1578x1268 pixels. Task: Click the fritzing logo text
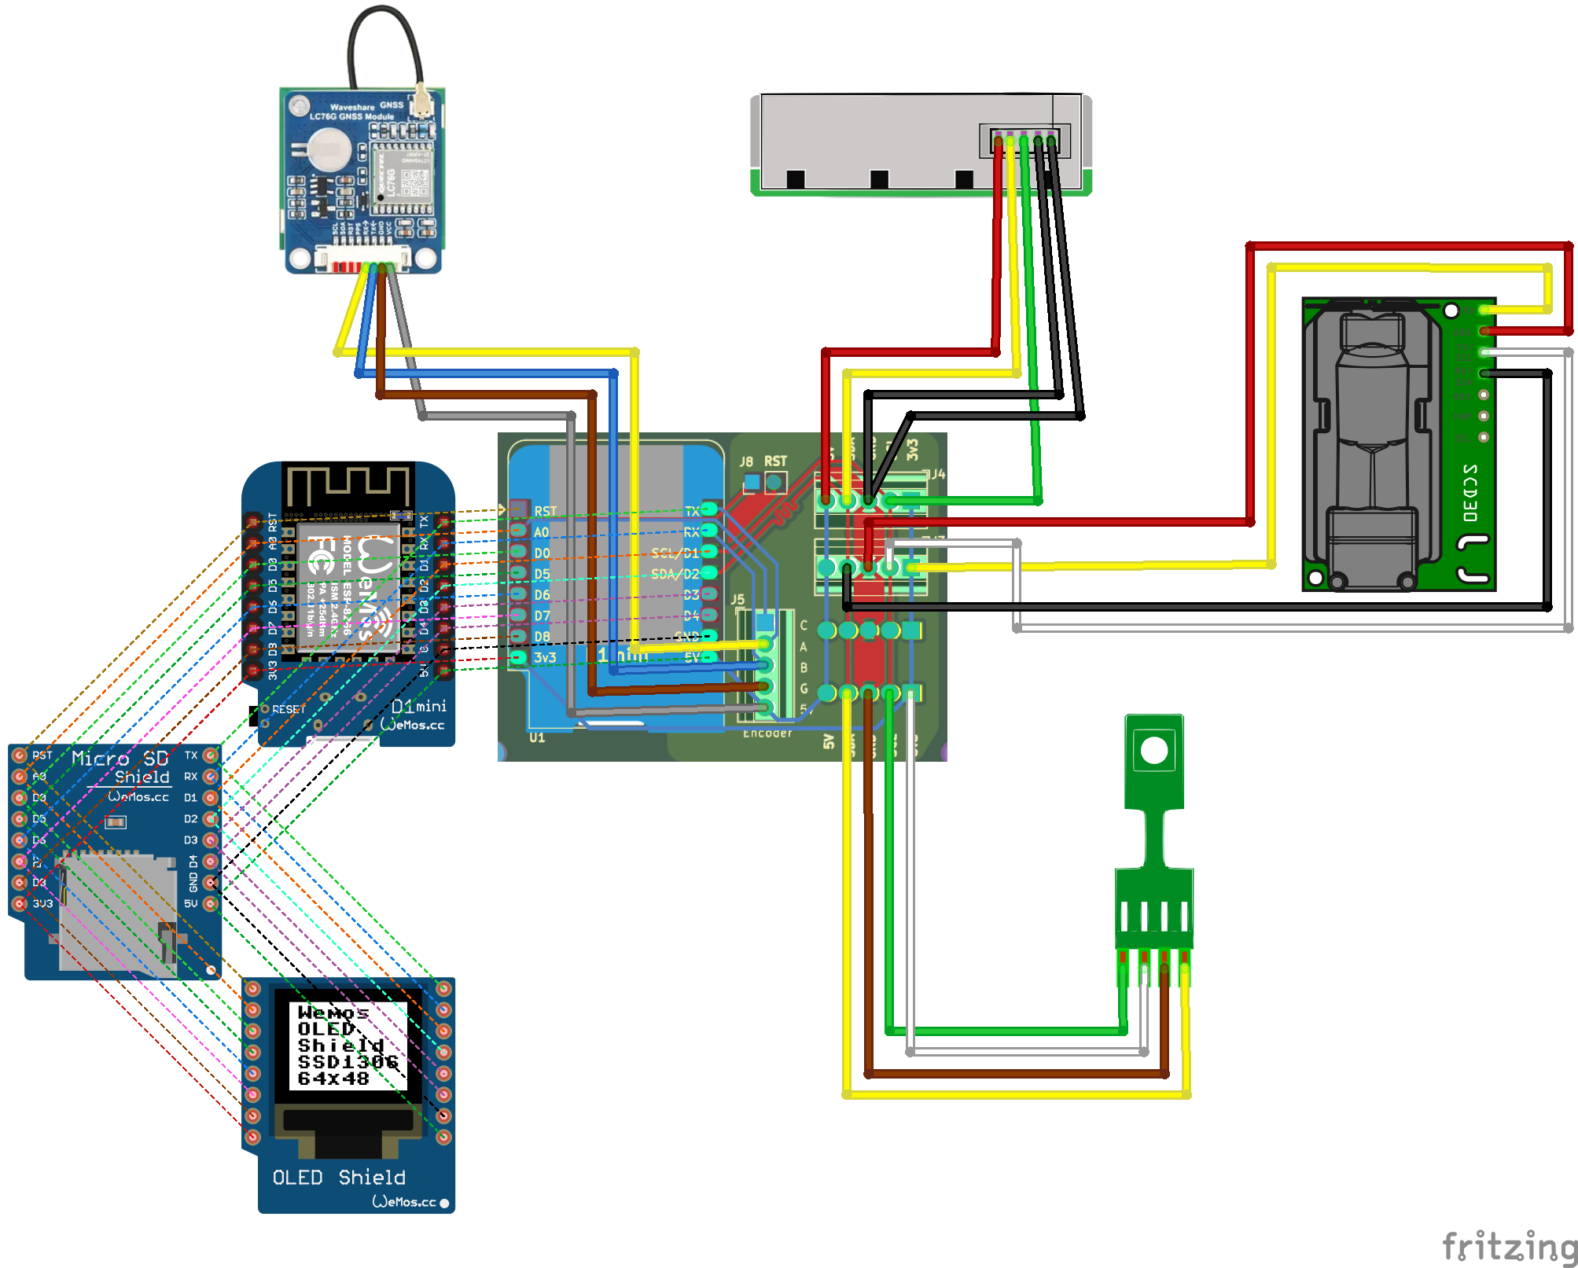1509,1247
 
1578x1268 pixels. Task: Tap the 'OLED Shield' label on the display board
339,1177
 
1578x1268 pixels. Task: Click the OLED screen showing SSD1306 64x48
348,1046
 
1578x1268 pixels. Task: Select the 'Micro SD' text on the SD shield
120,759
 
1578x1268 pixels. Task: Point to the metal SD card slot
118,912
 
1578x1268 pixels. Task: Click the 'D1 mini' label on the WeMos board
418,706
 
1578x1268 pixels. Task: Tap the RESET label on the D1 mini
289,709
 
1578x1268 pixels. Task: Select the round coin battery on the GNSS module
329,148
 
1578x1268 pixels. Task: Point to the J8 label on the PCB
746,461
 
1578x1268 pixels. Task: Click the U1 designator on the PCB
537,737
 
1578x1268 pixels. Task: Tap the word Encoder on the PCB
767,733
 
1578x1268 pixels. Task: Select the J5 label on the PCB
738,599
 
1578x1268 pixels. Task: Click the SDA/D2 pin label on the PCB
675,574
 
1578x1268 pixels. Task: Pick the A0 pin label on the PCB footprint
542,532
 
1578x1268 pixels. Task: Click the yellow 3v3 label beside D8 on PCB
545,657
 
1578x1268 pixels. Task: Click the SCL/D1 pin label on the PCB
675,553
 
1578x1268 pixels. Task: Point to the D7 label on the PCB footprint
543,616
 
